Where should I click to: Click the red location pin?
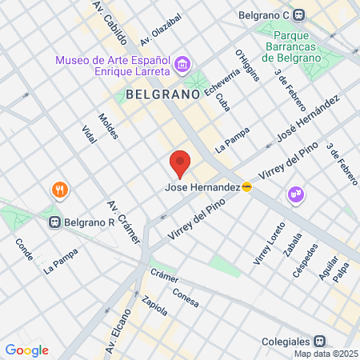pos(180,163)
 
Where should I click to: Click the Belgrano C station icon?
pos(298,14)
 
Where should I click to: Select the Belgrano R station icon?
pos(55,222)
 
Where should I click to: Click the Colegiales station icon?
pos(318,340)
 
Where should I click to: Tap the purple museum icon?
pos(182,63)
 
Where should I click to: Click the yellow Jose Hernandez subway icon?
pos(247,188)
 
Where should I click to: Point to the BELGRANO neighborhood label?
pos(162,94)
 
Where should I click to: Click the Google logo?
pos(26,350)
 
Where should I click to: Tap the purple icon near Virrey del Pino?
pos(295,194)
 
